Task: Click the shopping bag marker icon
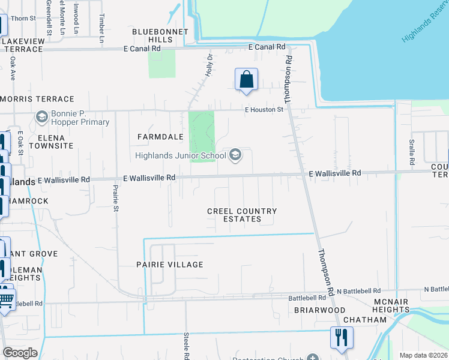pyautogui.click(x=246, y=79)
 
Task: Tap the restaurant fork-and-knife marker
pyautogui.click(x=342, y=337)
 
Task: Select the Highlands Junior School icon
pyautogui.click(x=236, y=155)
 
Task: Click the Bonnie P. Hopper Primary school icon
pyautogui.click(x=42, y=116)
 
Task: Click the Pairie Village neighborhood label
pyautogui.click(x=169, y=265)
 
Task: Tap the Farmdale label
pyautogui.click(x=160, y=137)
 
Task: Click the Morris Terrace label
pyautogui.click(x=37, y=98)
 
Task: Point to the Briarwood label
pyautogui.click(x=319, y=310)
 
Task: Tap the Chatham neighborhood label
pyautogui.click(x=366, y=320)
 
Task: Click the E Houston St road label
pyautogui.click(x=264, y=110)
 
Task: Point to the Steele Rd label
pyautogui.click(x=187, y=343)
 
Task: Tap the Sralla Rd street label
pyautogui.click(x=412, y=152)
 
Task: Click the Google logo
pyautogui.click(x=20, y=353)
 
